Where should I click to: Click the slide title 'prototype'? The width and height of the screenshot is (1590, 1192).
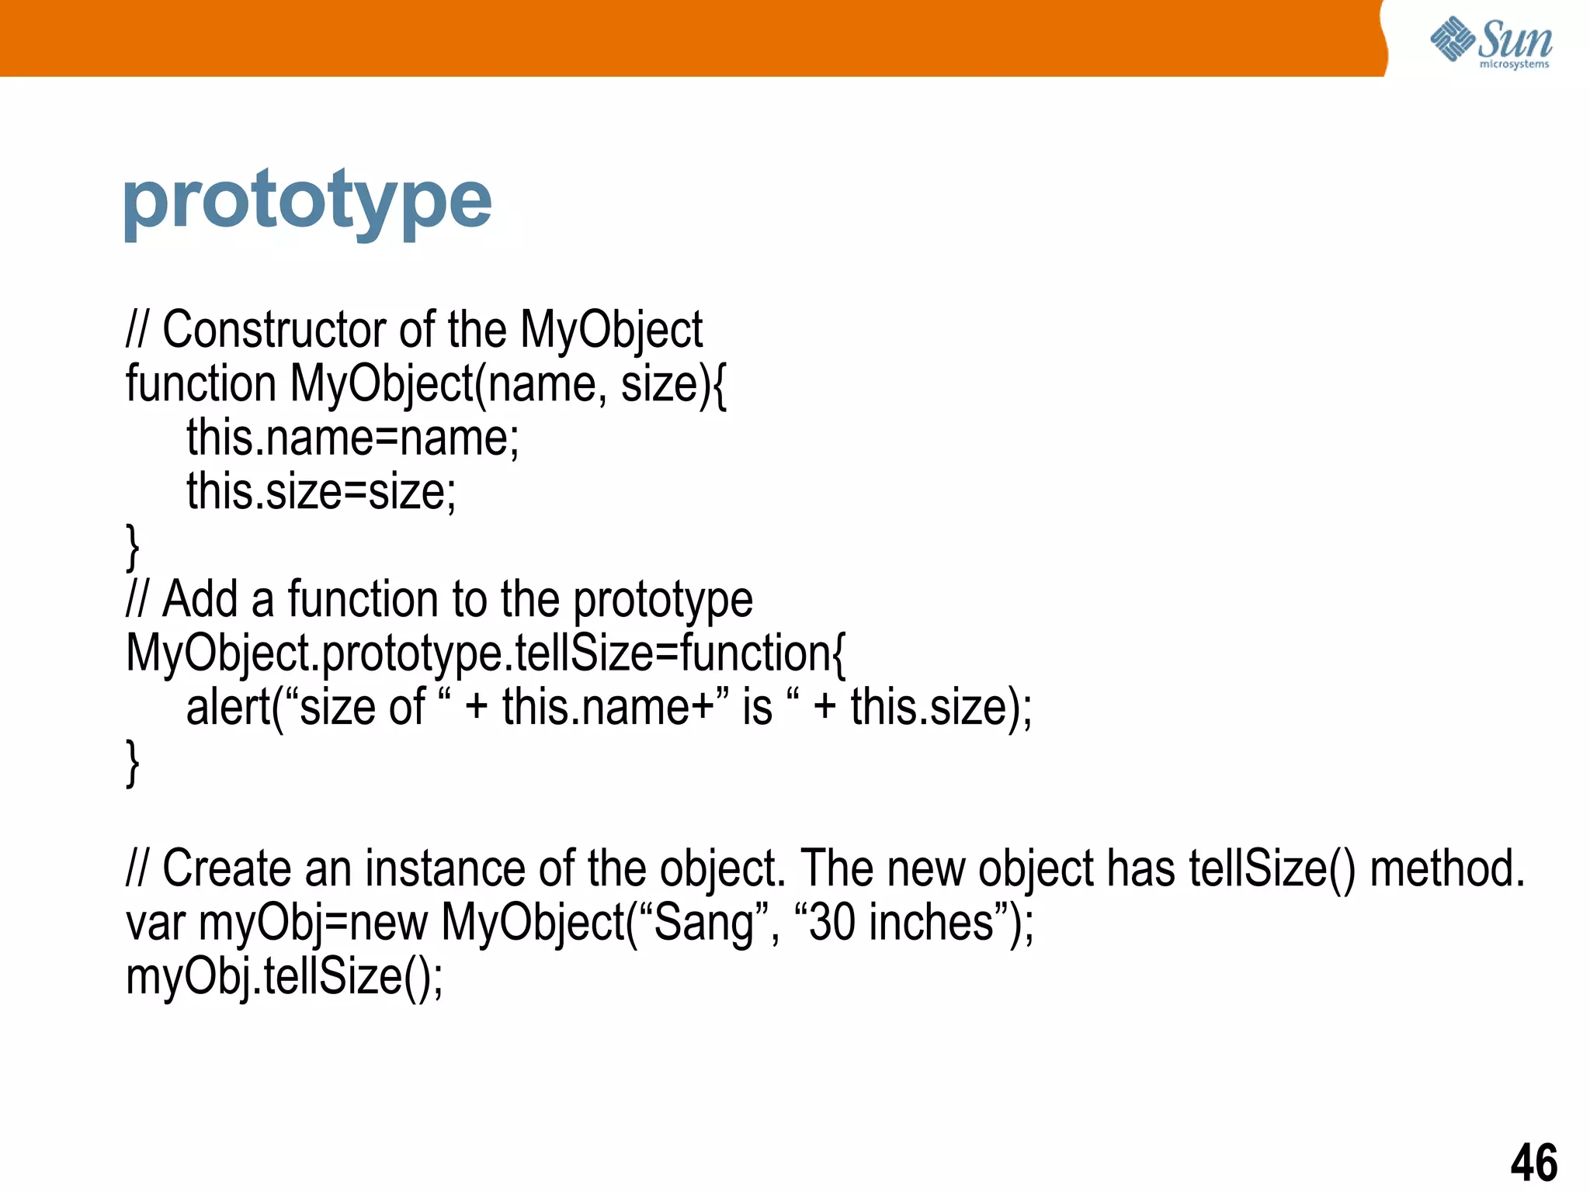tap(307, 202)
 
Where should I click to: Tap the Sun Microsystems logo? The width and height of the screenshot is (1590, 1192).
tap(1491, 43)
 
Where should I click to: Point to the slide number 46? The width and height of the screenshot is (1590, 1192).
tap(1533, 1162)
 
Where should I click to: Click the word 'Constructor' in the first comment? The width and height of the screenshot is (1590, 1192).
tap(273, 330)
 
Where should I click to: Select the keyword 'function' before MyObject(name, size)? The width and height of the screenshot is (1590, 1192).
tap(201, 384)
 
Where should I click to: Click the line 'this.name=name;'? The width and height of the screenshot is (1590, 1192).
tap(352, 438)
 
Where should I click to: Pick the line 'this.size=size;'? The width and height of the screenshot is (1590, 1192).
tap(321, 492)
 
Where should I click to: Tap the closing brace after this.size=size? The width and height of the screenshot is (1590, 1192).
tap(133, 546)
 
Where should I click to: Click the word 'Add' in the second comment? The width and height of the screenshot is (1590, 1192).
tap(200, 600)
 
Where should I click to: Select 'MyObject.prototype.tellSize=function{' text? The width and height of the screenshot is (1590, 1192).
tap(485, 653)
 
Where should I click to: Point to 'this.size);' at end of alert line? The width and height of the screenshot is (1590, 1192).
tap(941, 708)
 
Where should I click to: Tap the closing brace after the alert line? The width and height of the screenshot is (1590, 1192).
tap(133, 762)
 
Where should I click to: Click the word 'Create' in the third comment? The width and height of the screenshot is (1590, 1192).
tap(227, 868)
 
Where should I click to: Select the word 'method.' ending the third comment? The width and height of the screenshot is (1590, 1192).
tap(1446, 868)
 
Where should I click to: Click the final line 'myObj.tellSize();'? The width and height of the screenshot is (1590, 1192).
tap(284, 976)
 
